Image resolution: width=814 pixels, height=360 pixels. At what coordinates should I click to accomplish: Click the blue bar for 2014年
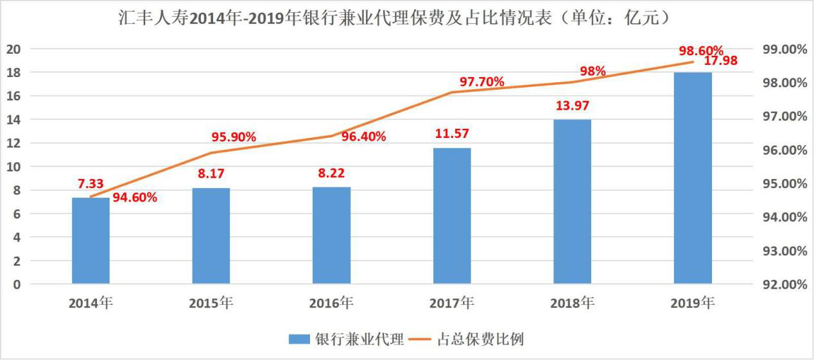tap(91, 241)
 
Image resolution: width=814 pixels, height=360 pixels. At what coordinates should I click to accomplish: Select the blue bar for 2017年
tap(452, 216)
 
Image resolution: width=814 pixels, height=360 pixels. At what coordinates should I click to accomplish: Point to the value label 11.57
tap(452, 134)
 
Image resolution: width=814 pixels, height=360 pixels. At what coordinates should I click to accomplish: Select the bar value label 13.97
tap(573, 106)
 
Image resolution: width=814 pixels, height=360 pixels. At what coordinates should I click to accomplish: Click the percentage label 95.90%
tap(234, 137)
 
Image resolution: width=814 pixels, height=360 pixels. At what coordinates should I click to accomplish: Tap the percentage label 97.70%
tap(481, 81)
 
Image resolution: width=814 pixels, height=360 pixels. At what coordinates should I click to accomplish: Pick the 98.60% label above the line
tap(701, 50)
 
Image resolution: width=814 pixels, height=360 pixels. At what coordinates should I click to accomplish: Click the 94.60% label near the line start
tap(135, 197)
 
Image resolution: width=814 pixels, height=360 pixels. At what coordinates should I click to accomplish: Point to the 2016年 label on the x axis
tap(331, 303)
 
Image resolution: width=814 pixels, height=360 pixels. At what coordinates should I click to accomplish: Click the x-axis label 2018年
tap(573, 303)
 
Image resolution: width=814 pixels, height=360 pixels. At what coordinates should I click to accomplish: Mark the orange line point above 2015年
tap(211, 153)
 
